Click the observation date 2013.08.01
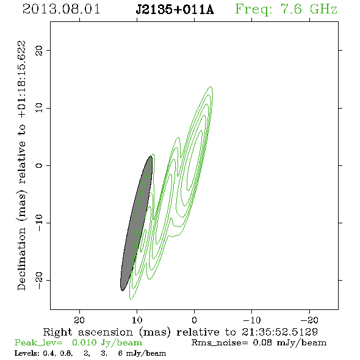point(61,9)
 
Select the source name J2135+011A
point(175,10)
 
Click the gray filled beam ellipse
point(137,223)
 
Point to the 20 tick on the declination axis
point(39,50)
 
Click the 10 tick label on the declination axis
point(39,107)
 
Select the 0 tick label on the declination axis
point(39,165)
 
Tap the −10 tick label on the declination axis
point(39,223)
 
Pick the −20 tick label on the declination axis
point(39,280)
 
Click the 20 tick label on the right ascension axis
point(79,320)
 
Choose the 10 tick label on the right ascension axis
point(137,320)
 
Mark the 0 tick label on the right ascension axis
point(194,320)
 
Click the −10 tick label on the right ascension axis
point(252,320)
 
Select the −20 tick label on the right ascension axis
point(309,320)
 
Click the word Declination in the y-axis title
point(21,259)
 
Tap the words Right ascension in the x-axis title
point(88,332)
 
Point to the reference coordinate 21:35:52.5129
point(279,332)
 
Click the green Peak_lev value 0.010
point(84,342)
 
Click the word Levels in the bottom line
point(25,353)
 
